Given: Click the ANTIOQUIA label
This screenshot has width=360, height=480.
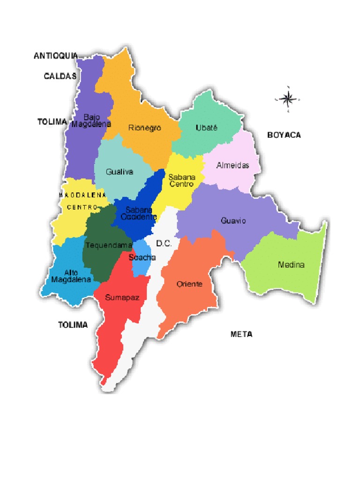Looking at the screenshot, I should click(56, 56).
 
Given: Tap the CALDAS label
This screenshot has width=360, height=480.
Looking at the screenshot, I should click(60, 76).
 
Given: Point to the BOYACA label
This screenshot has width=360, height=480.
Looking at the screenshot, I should click(284, 135).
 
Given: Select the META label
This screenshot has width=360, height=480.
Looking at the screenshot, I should click(242, 334).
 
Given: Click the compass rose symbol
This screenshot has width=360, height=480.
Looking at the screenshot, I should click(286, 98).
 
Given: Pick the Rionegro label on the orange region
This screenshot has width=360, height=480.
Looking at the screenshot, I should click(145, 127).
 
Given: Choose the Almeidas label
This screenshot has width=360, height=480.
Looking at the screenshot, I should click(232, 165).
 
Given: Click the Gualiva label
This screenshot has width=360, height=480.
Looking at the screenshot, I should click(120, 172).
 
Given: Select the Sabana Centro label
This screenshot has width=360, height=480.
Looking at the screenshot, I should click(181, 181).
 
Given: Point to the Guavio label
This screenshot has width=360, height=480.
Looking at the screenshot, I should click(233, 220).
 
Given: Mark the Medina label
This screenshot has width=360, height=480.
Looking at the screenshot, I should click(291, 265).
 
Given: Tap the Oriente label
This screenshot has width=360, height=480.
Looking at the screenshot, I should click(189, 284).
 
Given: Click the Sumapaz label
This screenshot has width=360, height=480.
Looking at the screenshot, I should click(119, 297).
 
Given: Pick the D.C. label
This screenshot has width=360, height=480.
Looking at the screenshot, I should click(165, 244).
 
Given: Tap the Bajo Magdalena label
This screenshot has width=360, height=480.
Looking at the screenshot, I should click(91, 120).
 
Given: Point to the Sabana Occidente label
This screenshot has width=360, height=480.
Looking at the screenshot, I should click(139, 213).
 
